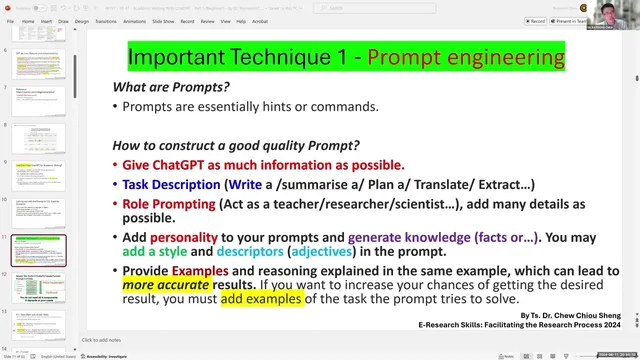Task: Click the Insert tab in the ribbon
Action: tap(46, 20)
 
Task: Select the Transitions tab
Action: tap(105, 20)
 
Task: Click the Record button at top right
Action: tap(536, 20)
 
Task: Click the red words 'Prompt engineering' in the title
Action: tap(465, 56)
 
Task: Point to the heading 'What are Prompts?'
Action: tap(171, 87)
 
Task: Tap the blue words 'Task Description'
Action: tap(170, 185)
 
